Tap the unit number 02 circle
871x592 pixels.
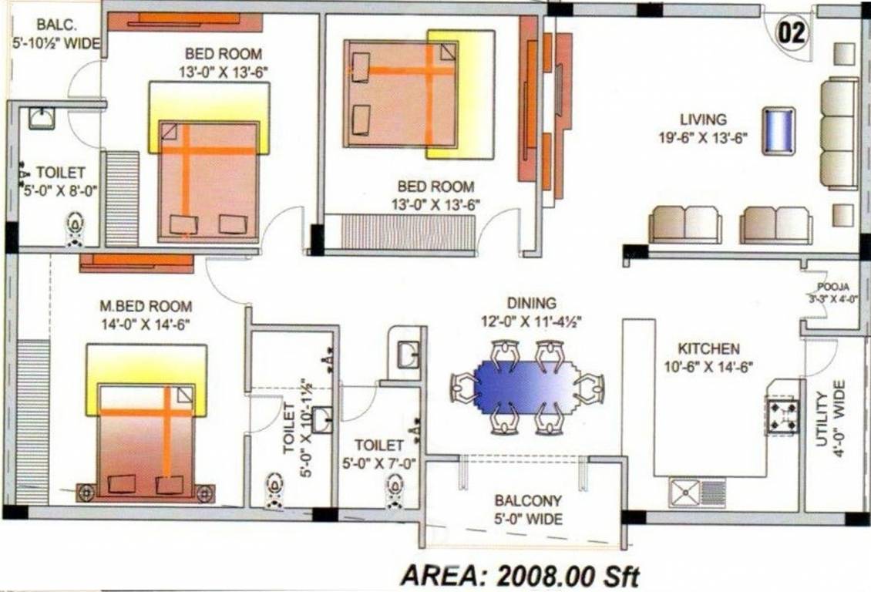pos(792,33)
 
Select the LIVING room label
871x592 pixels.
pos(703,119)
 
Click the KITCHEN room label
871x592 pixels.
pos(708,349)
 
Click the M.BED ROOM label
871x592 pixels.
pos(146,307)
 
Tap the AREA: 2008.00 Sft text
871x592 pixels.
pos(520,575)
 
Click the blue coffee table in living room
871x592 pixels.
pos(779,131)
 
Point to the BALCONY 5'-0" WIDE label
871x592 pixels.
pos(528,510)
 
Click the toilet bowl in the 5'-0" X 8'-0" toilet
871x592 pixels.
pos(75,227)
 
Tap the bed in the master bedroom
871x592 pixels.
pos(146,440)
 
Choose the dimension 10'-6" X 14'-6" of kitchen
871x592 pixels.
pos(708,367)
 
